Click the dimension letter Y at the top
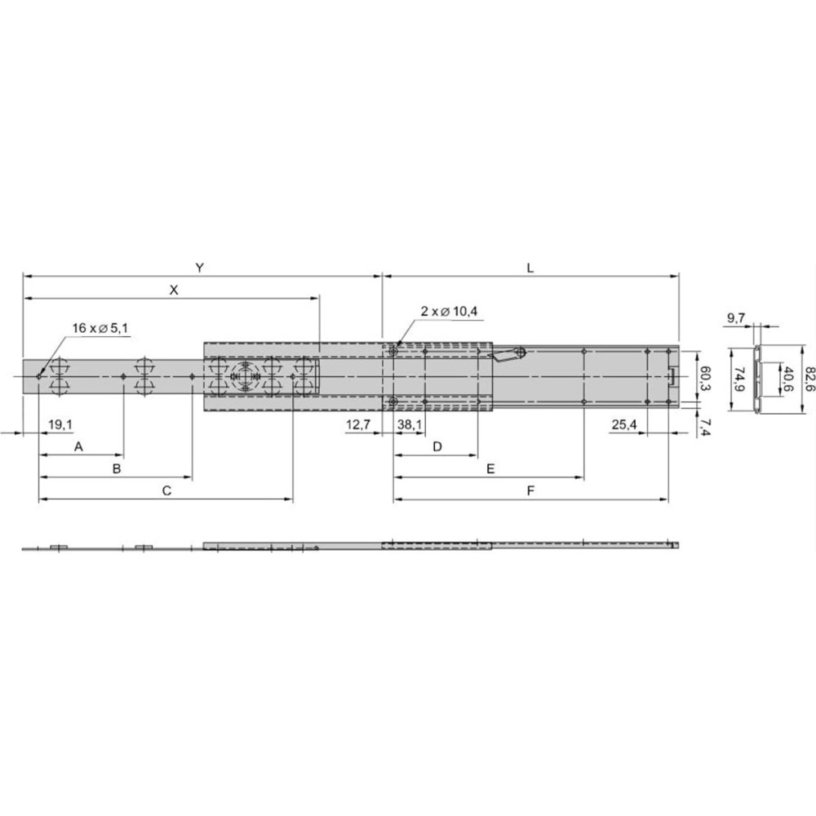[199, 268]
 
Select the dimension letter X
[174, 290]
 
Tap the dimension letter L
[530, 268]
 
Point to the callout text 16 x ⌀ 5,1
[100, 328]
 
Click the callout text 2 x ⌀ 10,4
[449, 312]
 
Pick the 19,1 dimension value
[60, 424]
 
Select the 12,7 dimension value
[358, 424]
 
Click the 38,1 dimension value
[410, 424]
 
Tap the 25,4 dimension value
[624, 424]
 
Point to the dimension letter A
[79, 446]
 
